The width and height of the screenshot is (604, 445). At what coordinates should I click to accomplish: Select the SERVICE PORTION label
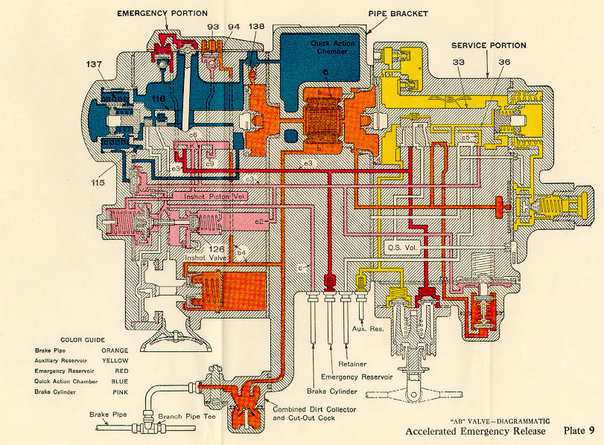(x=489, y=46)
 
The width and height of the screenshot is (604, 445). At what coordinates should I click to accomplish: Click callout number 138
(x=257, y=27)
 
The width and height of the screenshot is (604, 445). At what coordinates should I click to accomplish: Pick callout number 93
(x=214, y=27)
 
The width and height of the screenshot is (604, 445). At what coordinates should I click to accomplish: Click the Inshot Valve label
(x=206, y=258)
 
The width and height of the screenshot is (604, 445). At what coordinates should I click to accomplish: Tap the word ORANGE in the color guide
(x=115, y=350)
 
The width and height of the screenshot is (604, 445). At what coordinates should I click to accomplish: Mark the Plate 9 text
(x=578, y=431)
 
